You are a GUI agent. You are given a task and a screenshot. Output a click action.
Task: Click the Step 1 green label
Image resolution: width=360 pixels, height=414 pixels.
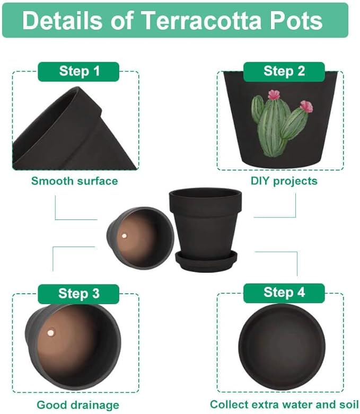tap(78, 71)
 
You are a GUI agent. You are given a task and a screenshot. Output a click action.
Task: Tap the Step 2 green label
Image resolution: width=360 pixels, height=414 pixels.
tap(284, 71)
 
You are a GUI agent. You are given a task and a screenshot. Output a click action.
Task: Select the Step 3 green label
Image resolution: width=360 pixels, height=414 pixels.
tap(78, 293)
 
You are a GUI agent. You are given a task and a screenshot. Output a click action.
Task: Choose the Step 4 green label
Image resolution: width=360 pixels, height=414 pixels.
tap(284, 292)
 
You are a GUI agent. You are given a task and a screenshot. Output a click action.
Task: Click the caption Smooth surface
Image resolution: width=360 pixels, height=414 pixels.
tap(74, 181)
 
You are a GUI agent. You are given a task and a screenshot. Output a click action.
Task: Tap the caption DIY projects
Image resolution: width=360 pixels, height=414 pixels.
tap(284, 181)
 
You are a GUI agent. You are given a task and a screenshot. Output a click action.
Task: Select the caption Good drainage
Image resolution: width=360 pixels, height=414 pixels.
tap(77, 405)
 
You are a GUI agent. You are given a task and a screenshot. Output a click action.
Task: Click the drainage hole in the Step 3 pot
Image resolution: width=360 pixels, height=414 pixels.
tap(51, 333)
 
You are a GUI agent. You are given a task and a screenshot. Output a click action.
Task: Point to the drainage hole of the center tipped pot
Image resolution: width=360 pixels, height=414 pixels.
tap(124, 235)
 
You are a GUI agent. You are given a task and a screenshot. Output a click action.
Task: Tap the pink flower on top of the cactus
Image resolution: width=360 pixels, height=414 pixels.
tap(274, 95)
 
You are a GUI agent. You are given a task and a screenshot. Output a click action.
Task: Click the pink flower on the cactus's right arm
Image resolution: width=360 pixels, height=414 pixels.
tap(306, 107)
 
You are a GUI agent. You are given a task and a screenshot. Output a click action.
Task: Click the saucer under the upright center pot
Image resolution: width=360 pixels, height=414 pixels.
tap(206, 260)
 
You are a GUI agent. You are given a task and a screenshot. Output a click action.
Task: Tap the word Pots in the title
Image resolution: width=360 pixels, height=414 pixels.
tap(296, 21)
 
